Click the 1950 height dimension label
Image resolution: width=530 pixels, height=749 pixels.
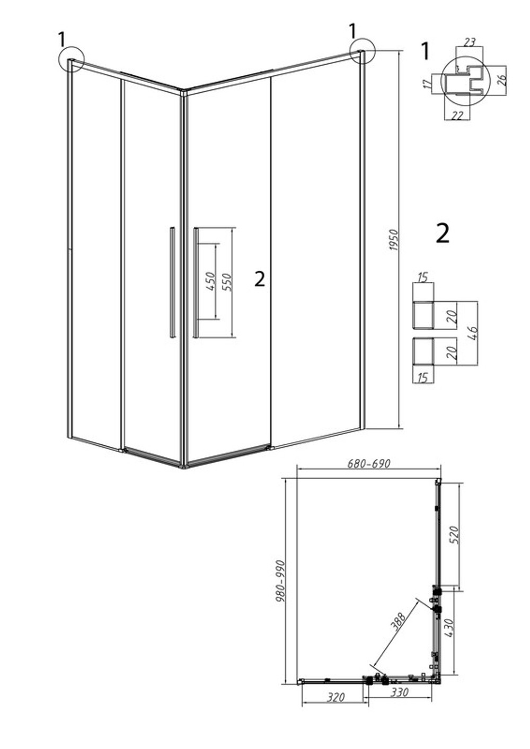pyautogui.click(x=394, y=241)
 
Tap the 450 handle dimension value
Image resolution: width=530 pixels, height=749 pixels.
pyautogui.click(x=210, y=281)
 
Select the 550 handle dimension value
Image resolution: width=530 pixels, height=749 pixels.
pyautogui.click(x=227, y=282)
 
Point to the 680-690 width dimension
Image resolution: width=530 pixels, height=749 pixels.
pyautogui.click(x=368, y=464)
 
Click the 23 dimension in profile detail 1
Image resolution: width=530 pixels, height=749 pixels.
pyautogui.click(x=470, y=42)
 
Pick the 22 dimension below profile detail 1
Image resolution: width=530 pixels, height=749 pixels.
pyautogui.click(x=457, y=116)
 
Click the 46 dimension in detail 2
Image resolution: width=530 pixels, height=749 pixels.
pyautogui.click(x=474, y=332)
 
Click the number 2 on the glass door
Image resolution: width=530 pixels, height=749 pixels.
pyautogui.click(x=260, y=279)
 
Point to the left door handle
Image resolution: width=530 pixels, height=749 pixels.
pyautogui.click(x=172, y=282)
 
